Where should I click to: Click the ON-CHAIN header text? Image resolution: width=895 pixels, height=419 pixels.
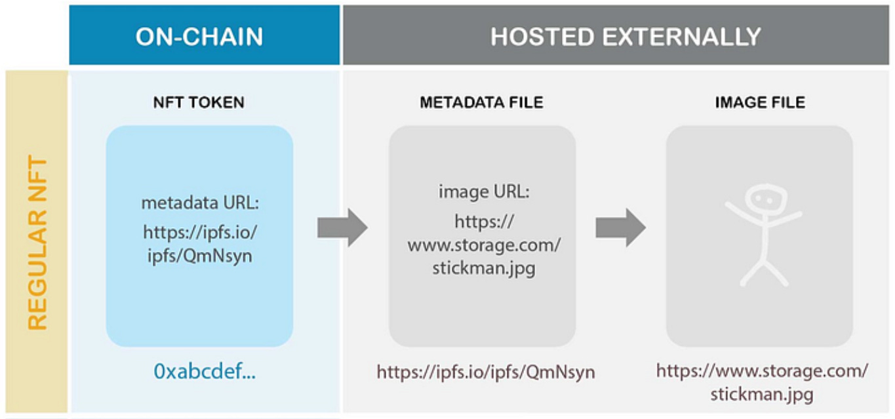[x=199, y=37]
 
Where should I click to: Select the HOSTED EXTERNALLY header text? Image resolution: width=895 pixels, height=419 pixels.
[x=626, y=37]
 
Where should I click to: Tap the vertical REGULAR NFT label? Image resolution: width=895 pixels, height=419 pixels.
[x=37, y=243]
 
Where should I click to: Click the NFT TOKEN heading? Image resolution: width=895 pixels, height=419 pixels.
[x=199, y=103]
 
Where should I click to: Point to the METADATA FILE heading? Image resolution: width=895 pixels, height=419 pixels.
[x=482, y=103]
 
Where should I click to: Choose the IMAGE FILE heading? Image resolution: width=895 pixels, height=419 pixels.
[x=760, y=103]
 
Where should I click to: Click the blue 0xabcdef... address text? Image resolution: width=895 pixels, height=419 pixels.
[x=205, y=372]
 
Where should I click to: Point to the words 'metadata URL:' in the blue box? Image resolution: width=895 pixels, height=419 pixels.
[x=200, y=203]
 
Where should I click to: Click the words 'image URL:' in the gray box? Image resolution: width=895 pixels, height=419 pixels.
[x=484, y=193]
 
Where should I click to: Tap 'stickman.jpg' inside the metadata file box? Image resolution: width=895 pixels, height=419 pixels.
[x=484, y=269]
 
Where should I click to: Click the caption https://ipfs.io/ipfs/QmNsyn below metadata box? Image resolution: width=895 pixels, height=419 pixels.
[x=486, y=372]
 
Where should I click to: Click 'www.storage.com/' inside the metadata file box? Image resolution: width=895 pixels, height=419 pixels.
[x=484, y=245]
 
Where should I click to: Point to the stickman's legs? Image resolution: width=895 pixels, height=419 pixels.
[x=764, y=269]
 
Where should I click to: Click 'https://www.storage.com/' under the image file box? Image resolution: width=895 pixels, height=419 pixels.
[x=762, y=371]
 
